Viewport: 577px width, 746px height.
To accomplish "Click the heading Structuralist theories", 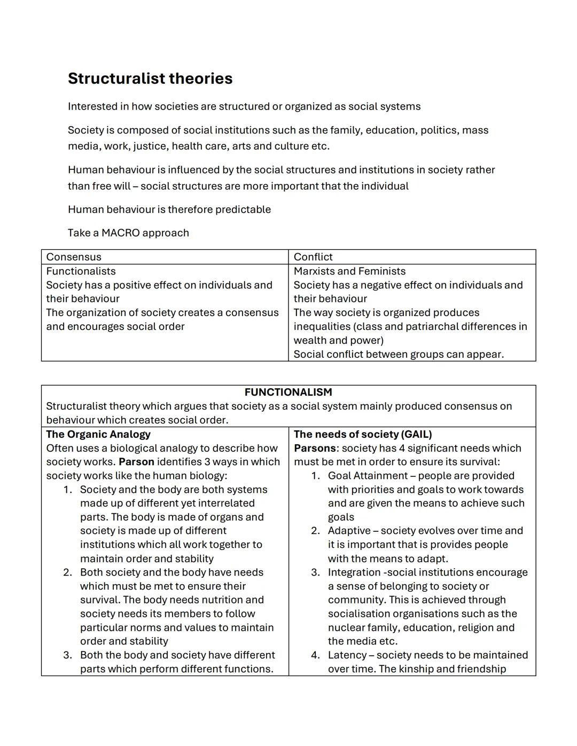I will pyautogui.click(x=150, y=78).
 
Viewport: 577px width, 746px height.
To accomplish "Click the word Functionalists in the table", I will pyautogui.click(x=81, y=271).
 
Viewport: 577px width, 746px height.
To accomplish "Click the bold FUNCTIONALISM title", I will pyautogui.click(x=288, y=392).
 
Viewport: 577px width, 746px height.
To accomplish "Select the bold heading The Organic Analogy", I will pyautogui.click(x=98, y=434).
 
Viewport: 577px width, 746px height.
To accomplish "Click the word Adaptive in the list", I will pyautogui.click(x=349, y=531).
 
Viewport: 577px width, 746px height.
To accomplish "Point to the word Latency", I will pyautogui.click(x=347, y=655).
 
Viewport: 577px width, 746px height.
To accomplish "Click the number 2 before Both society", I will pyautogui.click(x=67, y=572).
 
